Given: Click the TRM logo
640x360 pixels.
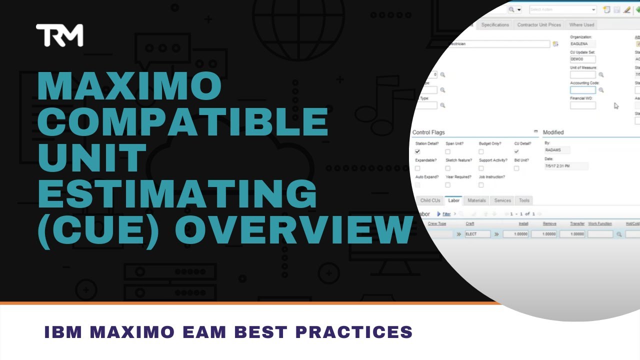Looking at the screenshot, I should (x=59, y=35).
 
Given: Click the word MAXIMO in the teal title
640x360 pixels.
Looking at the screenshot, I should (x=129, y=86).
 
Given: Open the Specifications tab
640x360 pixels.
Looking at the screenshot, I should (x=495, y=25).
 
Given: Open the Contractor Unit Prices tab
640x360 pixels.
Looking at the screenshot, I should (x=539, y=25).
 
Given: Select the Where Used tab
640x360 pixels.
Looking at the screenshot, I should (x=581, y=25).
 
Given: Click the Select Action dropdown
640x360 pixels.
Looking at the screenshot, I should (x=562, y=10).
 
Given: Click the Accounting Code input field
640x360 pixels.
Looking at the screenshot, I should (x=582, y=90).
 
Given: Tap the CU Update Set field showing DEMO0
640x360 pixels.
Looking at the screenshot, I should (x=582, y=59).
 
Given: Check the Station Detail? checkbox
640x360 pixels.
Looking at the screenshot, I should (x=417, y=151).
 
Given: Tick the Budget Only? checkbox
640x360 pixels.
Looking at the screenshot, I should (x=481, y=151).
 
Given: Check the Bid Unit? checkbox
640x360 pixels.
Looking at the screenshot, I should (x=516, y=168).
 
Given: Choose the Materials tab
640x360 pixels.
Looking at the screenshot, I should (x=476, y=200).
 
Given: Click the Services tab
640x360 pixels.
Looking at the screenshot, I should (x=502, y=200).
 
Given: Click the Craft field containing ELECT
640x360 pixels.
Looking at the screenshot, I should (x=477, y=234).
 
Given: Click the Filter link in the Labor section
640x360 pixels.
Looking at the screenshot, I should (x=446, y=214).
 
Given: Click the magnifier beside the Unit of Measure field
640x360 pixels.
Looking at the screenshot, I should (x=601, y=75).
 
